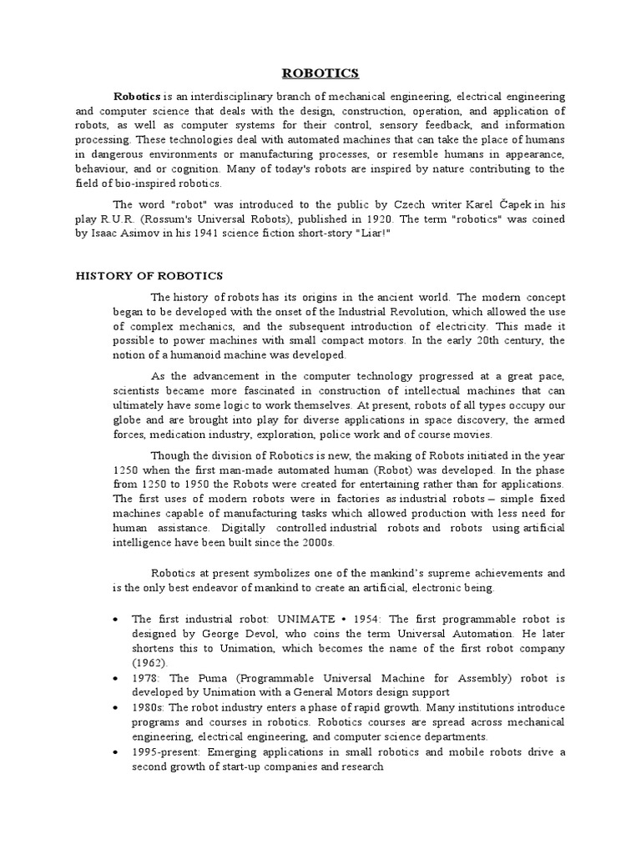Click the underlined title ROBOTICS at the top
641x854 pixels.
point(320,73)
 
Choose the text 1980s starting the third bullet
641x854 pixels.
point(147,707)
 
